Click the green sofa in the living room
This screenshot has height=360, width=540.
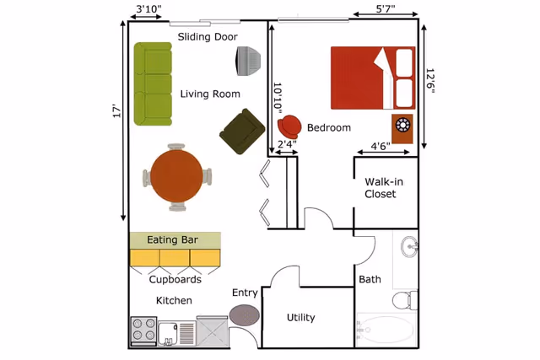point(153,83)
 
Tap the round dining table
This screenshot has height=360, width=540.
point(176,175)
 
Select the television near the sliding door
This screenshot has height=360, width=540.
point(248,61)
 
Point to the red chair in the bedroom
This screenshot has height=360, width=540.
point(289,126)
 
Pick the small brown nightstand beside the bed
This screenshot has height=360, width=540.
point(403,126)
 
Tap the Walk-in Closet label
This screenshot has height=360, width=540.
point(380,188)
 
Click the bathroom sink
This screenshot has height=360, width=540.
point(409,247)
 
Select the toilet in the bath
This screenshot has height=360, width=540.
point(404,298)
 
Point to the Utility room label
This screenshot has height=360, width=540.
point(300,318)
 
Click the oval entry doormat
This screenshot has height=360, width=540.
point(245,315)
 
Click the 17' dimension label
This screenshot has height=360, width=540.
point(117,111)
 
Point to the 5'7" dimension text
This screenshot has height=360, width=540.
point(385,9)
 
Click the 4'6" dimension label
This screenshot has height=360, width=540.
point(381,146)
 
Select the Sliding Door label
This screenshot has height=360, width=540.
point(208,37)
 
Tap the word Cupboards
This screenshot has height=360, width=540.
point(175,279)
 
